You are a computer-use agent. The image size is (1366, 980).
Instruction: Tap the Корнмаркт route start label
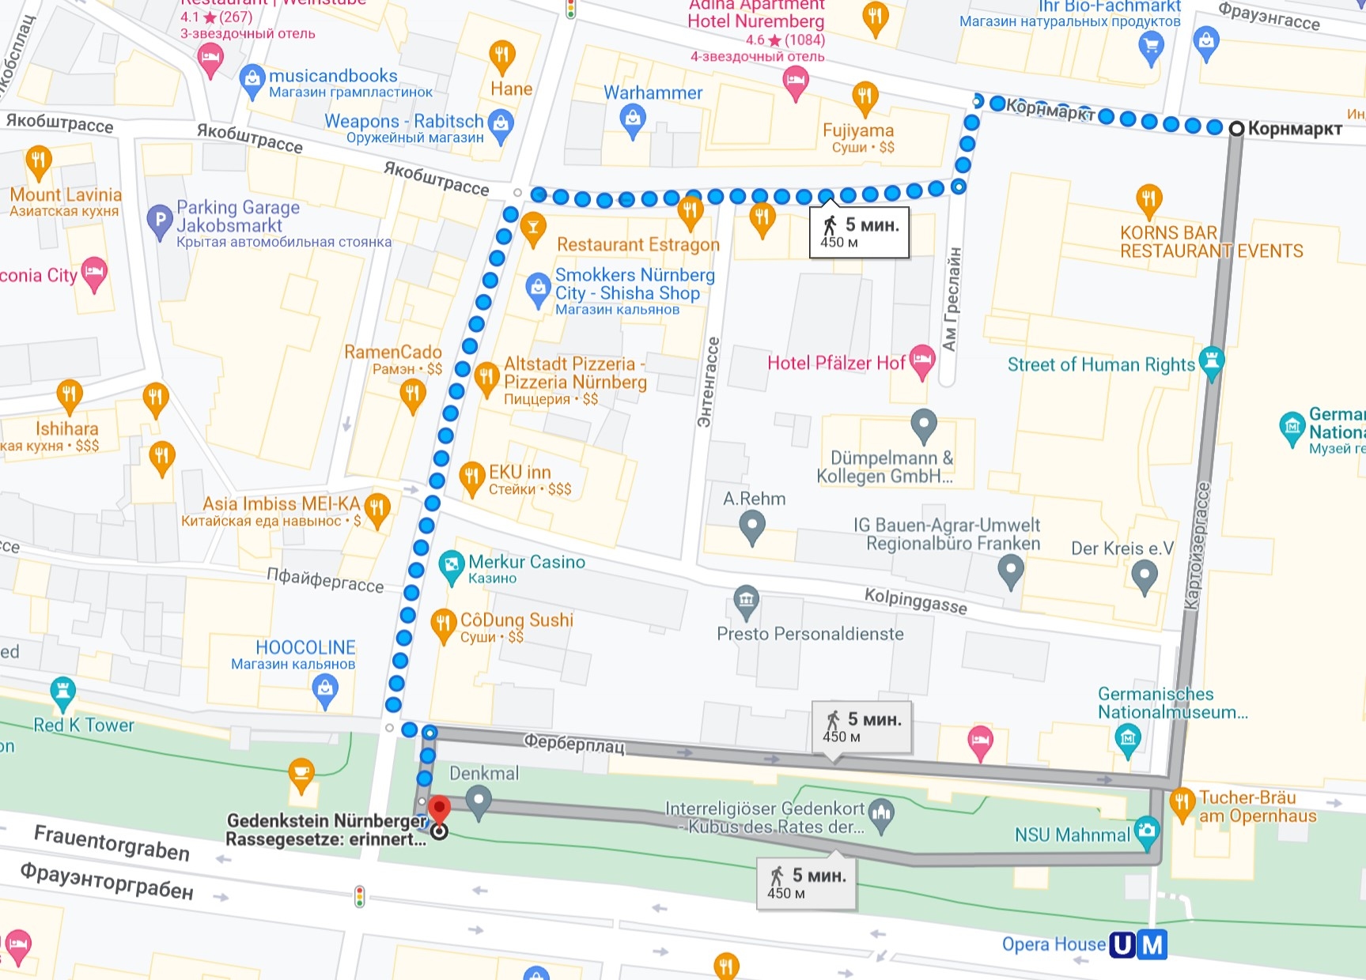coord(1294,129)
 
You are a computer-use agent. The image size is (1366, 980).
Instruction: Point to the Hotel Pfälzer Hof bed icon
coord(921,360)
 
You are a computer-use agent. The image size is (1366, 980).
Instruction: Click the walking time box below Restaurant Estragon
coord(859,232)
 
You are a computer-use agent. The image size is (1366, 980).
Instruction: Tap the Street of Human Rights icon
coord(1211,361)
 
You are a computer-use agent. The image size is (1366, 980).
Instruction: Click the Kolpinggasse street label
coord(915,601)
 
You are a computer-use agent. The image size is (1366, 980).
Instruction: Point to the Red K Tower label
coord(84,725)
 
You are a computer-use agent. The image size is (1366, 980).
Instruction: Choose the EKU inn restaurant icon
coord(471,477)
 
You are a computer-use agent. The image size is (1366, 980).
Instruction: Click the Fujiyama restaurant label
coord(857,130)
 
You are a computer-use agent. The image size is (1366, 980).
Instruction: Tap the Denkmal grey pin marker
coord(478,801)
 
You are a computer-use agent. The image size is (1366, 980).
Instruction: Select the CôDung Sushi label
coord(517,620)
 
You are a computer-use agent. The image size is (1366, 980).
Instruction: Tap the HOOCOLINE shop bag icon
coord(325,691)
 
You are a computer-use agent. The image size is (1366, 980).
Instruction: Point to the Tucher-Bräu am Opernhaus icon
coord(1182,804)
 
